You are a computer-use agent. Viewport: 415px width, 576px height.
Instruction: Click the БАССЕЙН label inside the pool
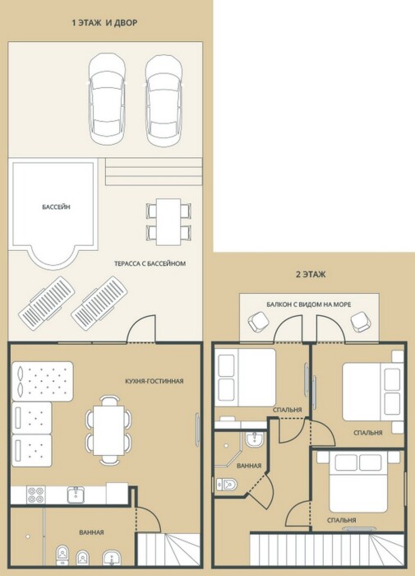click(56, 207)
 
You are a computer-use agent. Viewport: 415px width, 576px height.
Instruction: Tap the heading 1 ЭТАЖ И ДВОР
click(104, 23)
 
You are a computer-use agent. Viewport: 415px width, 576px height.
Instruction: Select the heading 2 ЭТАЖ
click(311, 274)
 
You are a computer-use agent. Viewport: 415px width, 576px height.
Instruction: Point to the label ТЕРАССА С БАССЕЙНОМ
click(150, 263)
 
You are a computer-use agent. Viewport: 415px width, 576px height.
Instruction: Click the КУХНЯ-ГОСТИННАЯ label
click(154, 381)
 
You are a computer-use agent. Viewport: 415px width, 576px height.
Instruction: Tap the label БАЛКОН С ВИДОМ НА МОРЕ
click(309, 304)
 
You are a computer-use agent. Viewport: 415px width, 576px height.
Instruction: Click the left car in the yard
click(107, 99)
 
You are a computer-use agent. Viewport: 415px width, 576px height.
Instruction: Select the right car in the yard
click(164, 101)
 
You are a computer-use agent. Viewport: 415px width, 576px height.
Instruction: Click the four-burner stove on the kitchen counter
click(36, 495)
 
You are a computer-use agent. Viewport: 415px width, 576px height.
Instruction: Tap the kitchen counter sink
click(76, 495)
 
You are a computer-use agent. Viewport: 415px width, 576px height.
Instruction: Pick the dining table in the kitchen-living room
click(109, 430)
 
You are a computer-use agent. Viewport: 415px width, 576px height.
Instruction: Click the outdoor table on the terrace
click(168, 222)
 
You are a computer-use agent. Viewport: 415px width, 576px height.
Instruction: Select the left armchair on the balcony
click(259, 322)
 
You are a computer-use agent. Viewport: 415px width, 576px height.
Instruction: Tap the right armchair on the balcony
click(360, 322)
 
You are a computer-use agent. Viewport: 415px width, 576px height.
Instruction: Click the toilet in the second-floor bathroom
click(226, 485)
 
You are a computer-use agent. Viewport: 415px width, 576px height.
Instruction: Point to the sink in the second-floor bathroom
click(254, 439)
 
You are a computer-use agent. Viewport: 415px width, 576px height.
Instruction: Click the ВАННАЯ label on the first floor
click(92, 532)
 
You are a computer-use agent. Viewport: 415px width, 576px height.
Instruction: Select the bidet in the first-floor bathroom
click(82, 558)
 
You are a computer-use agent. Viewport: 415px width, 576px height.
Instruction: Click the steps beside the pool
click(154, 171)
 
